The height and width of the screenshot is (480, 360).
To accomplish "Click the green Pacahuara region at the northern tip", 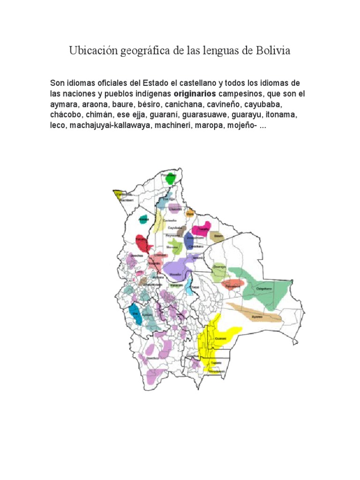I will point(169,179).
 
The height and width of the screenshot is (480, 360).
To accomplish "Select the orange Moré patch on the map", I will point(190,213).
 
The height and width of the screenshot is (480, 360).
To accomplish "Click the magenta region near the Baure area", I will point(201,230).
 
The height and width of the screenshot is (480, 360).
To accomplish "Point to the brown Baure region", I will point(218,237).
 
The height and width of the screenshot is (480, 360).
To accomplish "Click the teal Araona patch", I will point(143,219).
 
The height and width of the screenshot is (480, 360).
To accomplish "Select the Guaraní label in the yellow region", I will point(220,338).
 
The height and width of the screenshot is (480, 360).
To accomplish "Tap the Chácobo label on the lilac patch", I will point(175,209).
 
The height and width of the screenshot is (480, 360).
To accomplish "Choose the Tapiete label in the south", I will point(216,362).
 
